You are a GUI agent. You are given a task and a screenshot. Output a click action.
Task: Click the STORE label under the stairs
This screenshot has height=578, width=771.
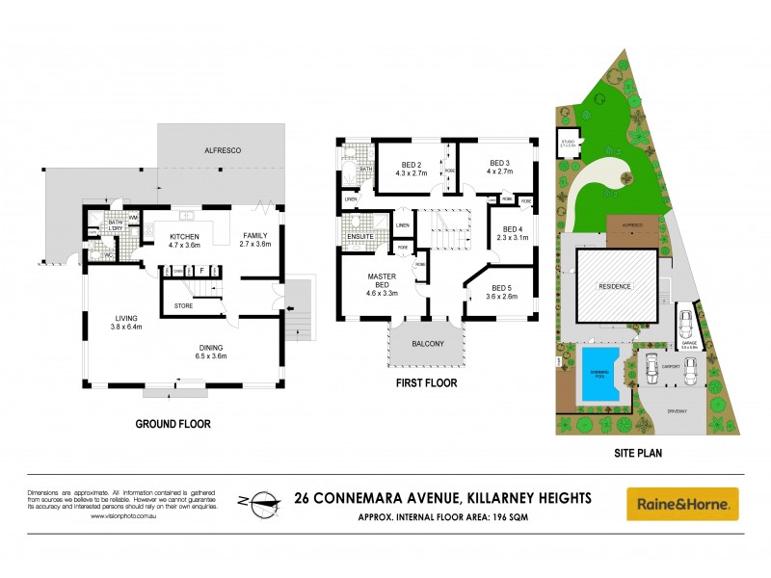pyautogui.click(x=183, y=306)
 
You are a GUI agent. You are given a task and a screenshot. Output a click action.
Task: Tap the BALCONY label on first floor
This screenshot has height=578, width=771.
pyautogui.click(x=426, y=344)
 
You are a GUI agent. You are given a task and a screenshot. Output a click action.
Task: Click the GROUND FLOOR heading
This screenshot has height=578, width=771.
pyautogui.click(x=173, y=423)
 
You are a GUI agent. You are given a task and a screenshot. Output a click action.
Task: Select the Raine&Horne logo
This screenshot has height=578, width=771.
pyautogui.click(x=682, y=503)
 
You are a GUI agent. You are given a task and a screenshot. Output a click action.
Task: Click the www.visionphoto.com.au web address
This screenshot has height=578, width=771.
pyautogui.click(x=124, y=516)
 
